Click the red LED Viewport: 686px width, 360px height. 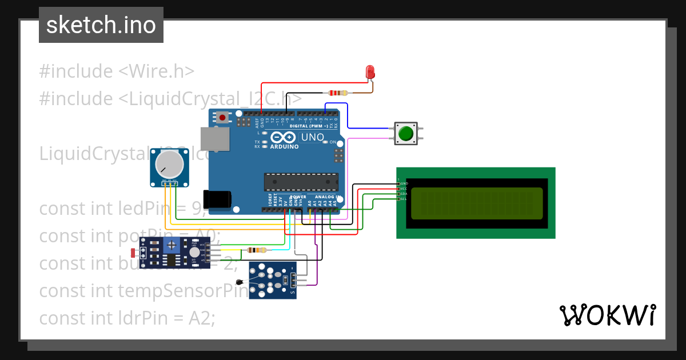pos(370,72)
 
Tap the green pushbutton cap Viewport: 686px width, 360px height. pos(406,134)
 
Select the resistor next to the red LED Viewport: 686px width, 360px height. pos(338,93)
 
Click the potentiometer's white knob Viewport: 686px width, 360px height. pos(170,165)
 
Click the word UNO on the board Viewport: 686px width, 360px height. pos(313,138)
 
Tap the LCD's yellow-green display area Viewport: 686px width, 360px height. pos(476,203)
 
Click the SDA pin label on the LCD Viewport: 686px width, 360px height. pos(404,194)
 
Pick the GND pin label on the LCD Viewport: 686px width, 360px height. pos(404,183)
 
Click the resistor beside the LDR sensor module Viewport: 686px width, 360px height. pos(256,250)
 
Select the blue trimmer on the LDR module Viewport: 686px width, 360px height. pos(170,245)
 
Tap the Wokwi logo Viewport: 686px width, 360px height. pos(607,315)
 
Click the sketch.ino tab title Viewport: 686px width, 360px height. pos(101,25)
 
